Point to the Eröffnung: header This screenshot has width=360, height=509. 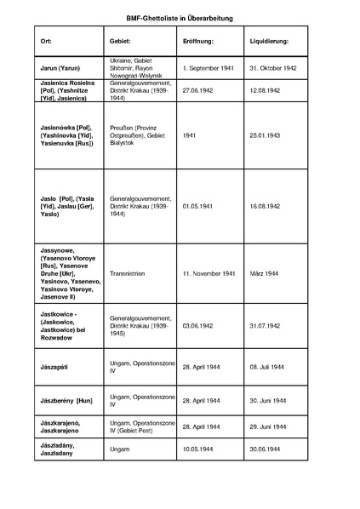coord(199,41)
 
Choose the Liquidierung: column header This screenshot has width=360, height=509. coord(270,41)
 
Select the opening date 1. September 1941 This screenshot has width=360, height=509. coord(209,66)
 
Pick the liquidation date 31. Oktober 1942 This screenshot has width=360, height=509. coord(277,66)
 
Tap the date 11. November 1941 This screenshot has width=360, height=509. coord(209,274)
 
